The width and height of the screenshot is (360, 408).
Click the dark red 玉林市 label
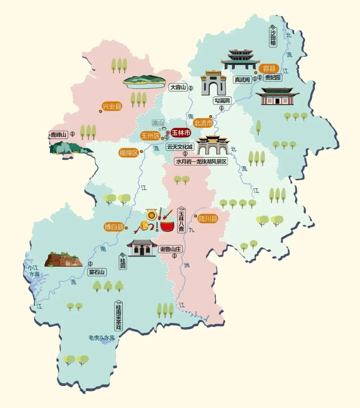point(181,133)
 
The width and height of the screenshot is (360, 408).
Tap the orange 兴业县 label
point(112,107)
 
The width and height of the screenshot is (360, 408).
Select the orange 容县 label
point(269,69)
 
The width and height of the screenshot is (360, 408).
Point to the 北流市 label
point(203,123)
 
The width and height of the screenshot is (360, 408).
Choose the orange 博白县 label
point(114,227)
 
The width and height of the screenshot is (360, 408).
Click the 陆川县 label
point(208,219)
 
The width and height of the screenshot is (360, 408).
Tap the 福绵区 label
point(129,153)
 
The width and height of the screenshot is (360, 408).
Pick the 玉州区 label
point(150,136)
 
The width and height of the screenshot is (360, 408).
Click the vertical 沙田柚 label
point(273,36)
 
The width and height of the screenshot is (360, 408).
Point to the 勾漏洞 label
point(222,101)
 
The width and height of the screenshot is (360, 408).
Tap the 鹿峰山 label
point(59,135)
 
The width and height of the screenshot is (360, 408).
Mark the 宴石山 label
point(97,272)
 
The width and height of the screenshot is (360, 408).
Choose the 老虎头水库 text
point(102,338)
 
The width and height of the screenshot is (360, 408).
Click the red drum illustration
point(167,226)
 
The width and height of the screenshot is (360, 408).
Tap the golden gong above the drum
point(151,215)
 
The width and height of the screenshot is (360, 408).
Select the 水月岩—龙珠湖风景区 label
point(201,162)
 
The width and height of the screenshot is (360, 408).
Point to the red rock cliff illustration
point(63,259)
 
